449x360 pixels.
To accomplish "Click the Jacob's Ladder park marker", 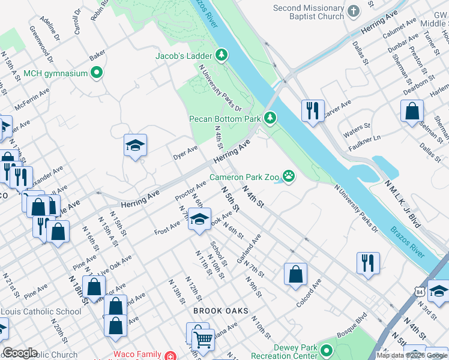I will pos(223,56).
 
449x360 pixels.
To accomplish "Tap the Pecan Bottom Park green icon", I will pos(271,118).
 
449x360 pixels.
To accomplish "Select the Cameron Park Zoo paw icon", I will pos(289,176).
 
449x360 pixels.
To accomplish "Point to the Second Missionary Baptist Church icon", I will pos(354,10).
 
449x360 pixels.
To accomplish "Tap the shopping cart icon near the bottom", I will pos(203,340).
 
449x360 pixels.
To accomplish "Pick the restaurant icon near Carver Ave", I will pos(313,110).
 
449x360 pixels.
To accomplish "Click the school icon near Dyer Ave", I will pos(136,145).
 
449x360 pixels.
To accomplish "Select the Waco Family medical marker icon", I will pos(171,355).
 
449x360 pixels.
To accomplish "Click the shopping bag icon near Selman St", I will pos(412,111).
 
